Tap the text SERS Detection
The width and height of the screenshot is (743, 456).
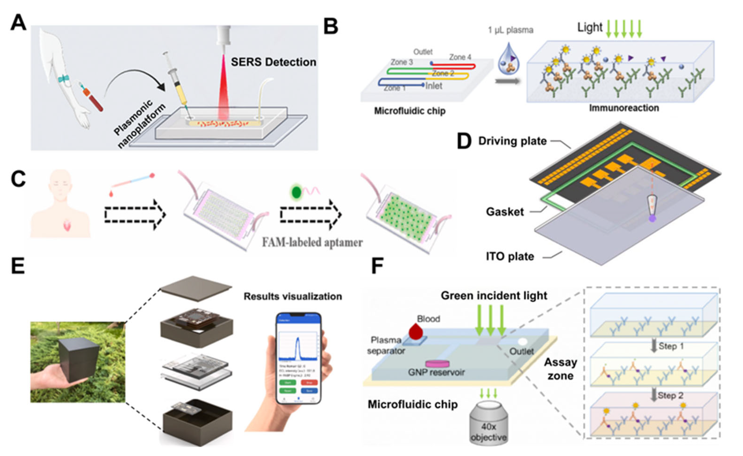[x=273, y=62]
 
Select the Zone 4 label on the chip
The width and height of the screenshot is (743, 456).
[x=460, y=57]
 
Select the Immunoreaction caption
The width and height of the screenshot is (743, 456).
[x=624, y=108]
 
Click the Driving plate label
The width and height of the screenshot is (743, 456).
[x=512, y=141]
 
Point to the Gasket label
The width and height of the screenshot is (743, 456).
[x=505, y=212]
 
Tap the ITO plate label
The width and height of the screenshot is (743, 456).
[x=510, y=256]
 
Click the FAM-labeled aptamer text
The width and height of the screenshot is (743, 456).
[x=312, y=242]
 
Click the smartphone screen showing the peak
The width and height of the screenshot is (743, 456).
[x=298, y=356]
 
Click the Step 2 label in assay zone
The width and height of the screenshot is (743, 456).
[x=670, y=395]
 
